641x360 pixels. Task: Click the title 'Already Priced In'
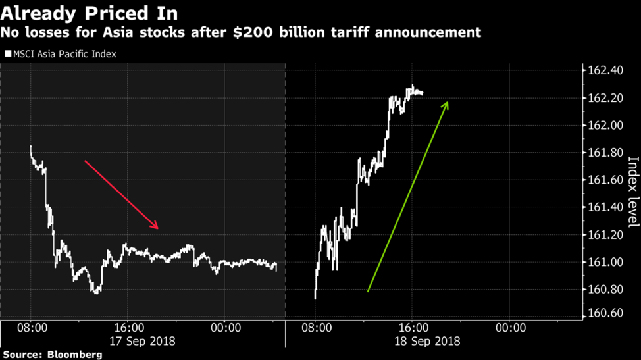tap(89, 13)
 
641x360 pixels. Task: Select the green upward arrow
tap(408, 196)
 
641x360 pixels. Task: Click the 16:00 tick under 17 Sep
tap(128, 327)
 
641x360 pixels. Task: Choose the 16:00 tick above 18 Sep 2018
tap(413, 327)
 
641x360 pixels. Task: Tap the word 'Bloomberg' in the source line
tap(75, 355)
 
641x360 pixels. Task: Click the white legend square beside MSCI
tap(8, 54)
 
